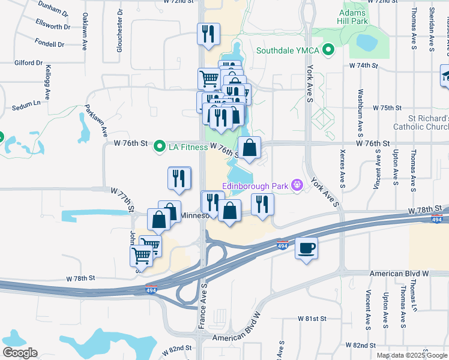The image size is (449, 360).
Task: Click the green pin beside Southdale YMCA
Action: coord(328,50)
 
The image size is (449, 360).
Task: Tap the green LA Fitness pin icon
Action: coord(160,146)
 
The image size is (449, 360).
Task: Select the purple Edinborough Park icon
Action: coord(297,185)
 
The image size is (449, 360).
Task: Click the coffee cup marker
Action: coord(306,248)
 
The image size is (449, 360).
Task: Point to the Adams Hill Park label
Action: coord(352,17)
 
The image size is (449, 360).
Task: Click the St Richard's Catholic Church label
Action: coord(421,122)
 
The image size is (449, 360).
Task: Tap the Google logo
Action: coord(20,353)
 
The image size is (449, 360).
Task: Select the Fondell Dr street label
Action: coord(49,44)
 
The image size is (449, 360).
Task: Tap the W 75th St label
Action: coord(387,108)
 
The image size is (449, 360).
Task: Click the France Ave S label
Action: coord(202,306)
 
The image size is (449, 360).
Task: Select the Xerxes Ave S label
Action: coord(342,169)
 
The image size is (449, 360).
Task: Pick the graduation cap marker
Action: coord(445,77)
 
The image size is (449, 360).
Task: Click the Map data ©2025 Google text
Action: coord(412,355)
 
